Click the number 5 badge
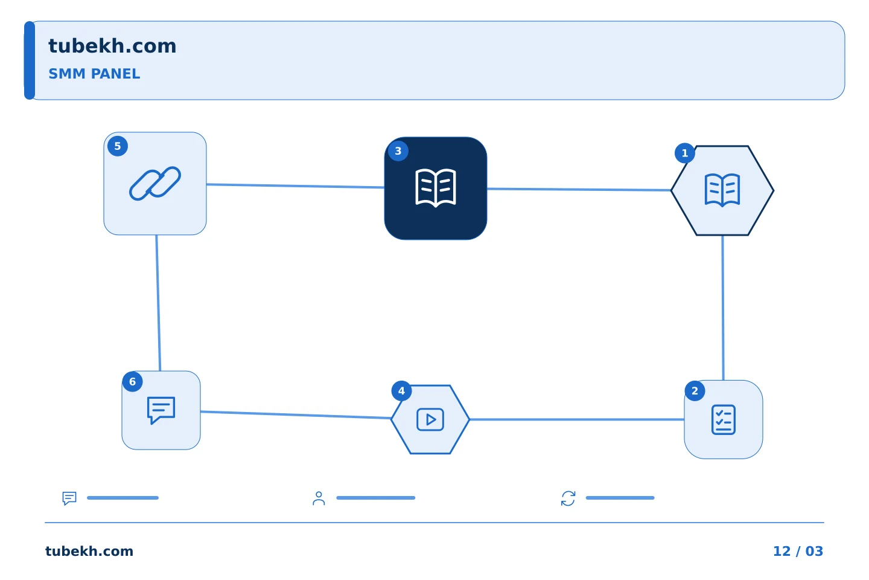click(118, 146)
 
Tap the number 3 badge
click(398, 150)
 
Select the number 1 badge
click(685, 153)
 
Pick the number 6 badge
click(132, 381)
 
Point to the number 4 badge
click(401, 391)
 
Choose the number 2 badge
click(695, 391)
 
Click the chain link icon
click(154, 183)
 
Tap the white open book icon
click(435, 188)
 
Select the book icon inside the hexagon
click(722, 190)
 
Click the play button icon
click(430, 419)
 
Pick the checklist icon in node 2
click(724, 419)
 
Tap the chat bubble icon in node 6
click(161, 410)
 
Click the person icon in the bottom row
click(319, 498)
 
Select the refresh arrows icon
click(568, 498)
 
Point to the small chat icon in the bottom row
click(69, 498)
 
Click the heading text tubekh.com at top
click(112, 46)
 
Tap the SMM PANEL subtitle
click(94, 74)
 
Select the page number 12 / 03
click(798, 551)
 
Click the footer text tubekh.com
click(89, 551)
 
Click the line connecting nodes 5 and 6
click(158, 303)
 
